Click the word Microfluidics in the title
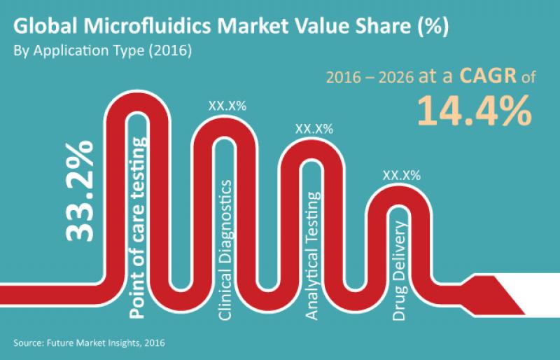149,27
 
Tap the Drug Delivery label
400,271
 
